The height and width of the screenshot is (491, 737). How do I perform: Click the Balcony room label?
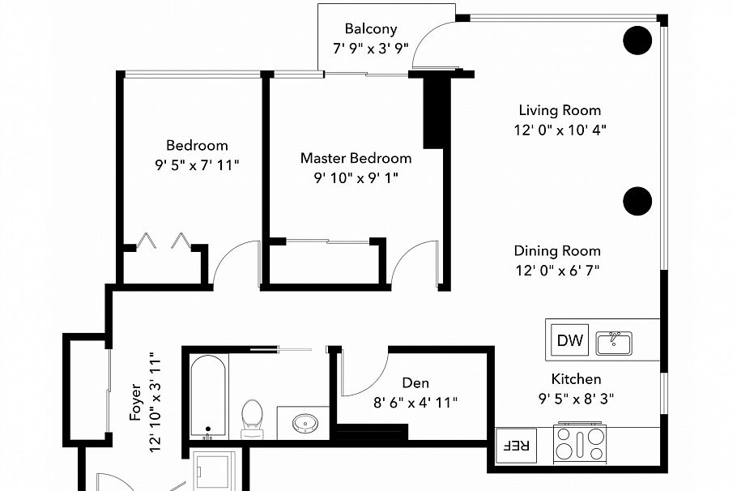(x=371, y=29)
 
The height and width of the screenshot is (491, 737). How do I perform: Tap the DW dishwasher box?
(x=569, y=340)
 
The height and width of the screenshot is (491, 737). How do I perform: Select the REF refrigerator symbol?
(x=516, y=446)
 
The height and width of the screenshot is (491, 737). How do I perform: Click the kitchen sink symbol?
(x=614, y=343)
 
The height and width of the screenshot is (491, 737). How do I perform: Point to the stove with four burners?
(x=580, y=443)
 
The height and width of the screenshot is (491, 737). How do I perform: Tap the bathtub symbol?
(x=208, y=396)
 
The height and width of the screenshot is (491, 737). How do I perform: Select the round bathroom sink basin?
(x=305, y=423)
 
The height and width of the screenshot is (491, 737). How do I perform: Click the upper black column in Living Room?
(x=637, y=41)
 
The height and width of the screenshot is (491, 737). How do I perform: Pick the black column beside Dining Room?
(x=637, y=201)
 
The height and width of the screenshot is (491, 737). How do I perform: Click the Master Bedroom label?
(x=356, y=158)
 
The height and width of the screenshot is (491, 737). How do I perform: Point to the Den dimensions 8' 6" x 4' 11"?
(x=415, y=403)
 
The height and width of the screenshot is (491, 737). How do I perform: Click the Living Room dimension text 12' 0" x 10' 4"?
(x=560, y=130)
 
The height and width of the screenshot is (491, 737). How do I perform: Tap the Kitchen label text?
(x=576, y=379)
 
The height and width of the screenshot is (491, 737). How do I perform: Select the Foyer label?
(x=135, y=402)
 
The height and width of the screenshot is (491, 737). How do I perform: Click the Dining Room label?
(x=557, y=250)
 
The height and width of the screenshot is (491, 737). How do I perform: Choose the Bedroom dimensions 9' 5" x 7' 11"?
(x=197, y=165)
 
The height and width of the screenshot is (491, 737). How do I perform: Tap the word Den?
(x=415, y=382)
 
